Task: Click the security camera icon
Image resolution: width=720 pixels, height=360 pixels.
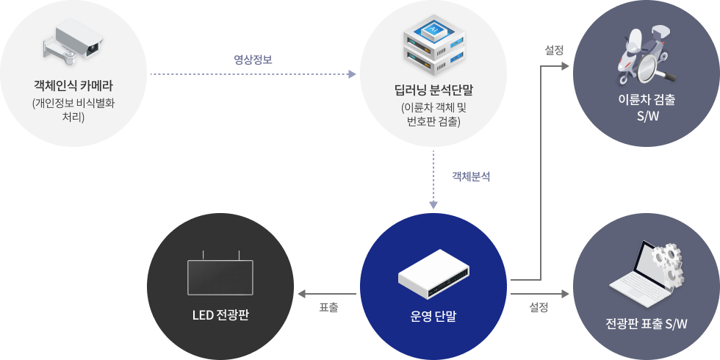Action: click(x=72, y=40)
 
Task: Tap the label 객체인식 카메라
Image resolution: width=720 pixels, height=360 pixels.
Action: click(x=73, y=85)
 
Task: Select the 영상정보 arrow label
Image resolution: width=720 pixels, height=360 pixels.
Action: click(x=253, y=60)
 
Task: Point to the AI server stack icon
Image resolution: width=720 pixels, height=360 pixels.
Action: click(x=433, y=46)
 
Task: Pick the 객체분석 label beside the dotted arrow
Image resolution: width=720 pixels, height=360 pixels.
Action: click(x=471, y=177)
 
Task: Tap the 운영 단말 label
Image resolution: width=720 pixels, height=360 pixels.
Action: click(x=433, y=317)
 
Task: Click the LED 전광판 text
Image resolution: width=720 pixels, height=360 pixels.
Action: click(x=220, y=316)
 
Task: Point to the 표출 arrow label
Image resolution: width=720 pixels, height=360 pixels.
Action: click(x=329, y=308)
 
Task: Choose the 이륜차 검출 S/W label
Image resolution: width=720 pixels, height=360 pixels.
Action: click(x=647, y=107)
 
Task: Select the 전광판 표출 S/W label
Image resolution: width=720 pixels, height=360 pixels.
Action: click(x=647, y=324)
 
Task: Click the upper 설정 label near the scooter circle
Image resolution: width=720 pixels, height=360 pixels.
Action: click(x=554, y=51)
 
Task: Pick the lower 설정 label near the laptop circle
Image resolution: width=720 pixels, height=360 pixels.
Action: click(x=539, y=308)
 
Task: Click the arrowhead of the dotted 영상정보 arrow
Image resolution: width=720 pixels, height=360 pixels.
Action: click(x=353, y=74)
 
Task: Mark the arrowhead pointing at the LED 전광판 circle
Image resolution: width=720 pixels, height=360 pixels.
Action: click(x=302, y=294)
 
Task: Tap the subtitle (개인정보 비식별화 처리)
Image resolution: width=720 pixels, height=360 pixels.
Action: click(x=73, y=109)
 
